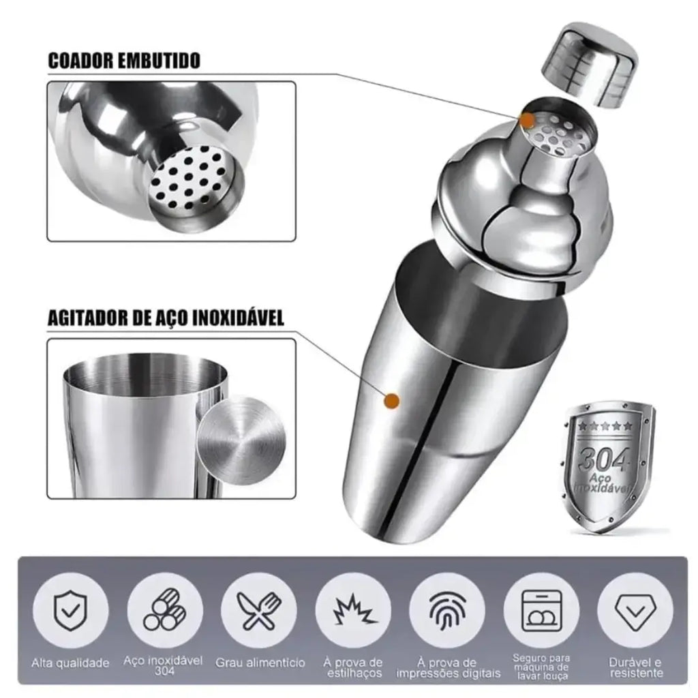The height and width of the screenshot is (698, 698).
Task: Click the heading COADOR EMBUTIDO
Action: point(124,61)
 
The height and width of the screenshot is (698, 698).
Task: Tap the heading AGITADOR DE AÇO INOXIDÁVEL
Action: point(166,318)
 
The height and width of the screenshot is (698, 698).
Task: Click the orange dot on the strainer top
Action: point(528,120)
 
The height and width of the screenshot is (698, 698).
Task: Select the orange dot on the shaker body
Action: point(392,401)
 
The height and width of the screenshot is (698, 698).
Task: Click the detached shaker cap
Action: point(590,67)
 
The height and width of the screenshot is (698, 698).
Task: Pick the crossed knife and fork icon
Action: point(259,610)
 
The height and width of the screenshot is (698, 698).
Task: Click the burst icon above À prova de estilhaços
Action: point(354,609)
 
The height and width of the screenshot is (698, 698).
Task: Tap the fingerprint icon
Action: point(447,611)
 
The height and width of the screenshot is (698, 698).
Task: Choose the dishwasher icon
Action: point(541,610)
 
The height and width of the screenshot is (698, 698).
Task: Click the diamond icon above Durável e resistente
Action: point(635,611)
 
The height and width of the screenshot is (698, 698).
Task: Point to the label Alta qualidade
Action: point(70,663)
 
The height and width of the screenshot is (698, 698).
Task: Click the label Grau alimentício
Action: point(260,663)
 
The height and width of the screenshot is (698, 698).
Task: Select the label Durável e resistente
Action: point(636,667)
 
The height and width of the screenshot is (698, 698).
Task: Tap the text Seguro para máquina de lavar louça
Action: point(541,667)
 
